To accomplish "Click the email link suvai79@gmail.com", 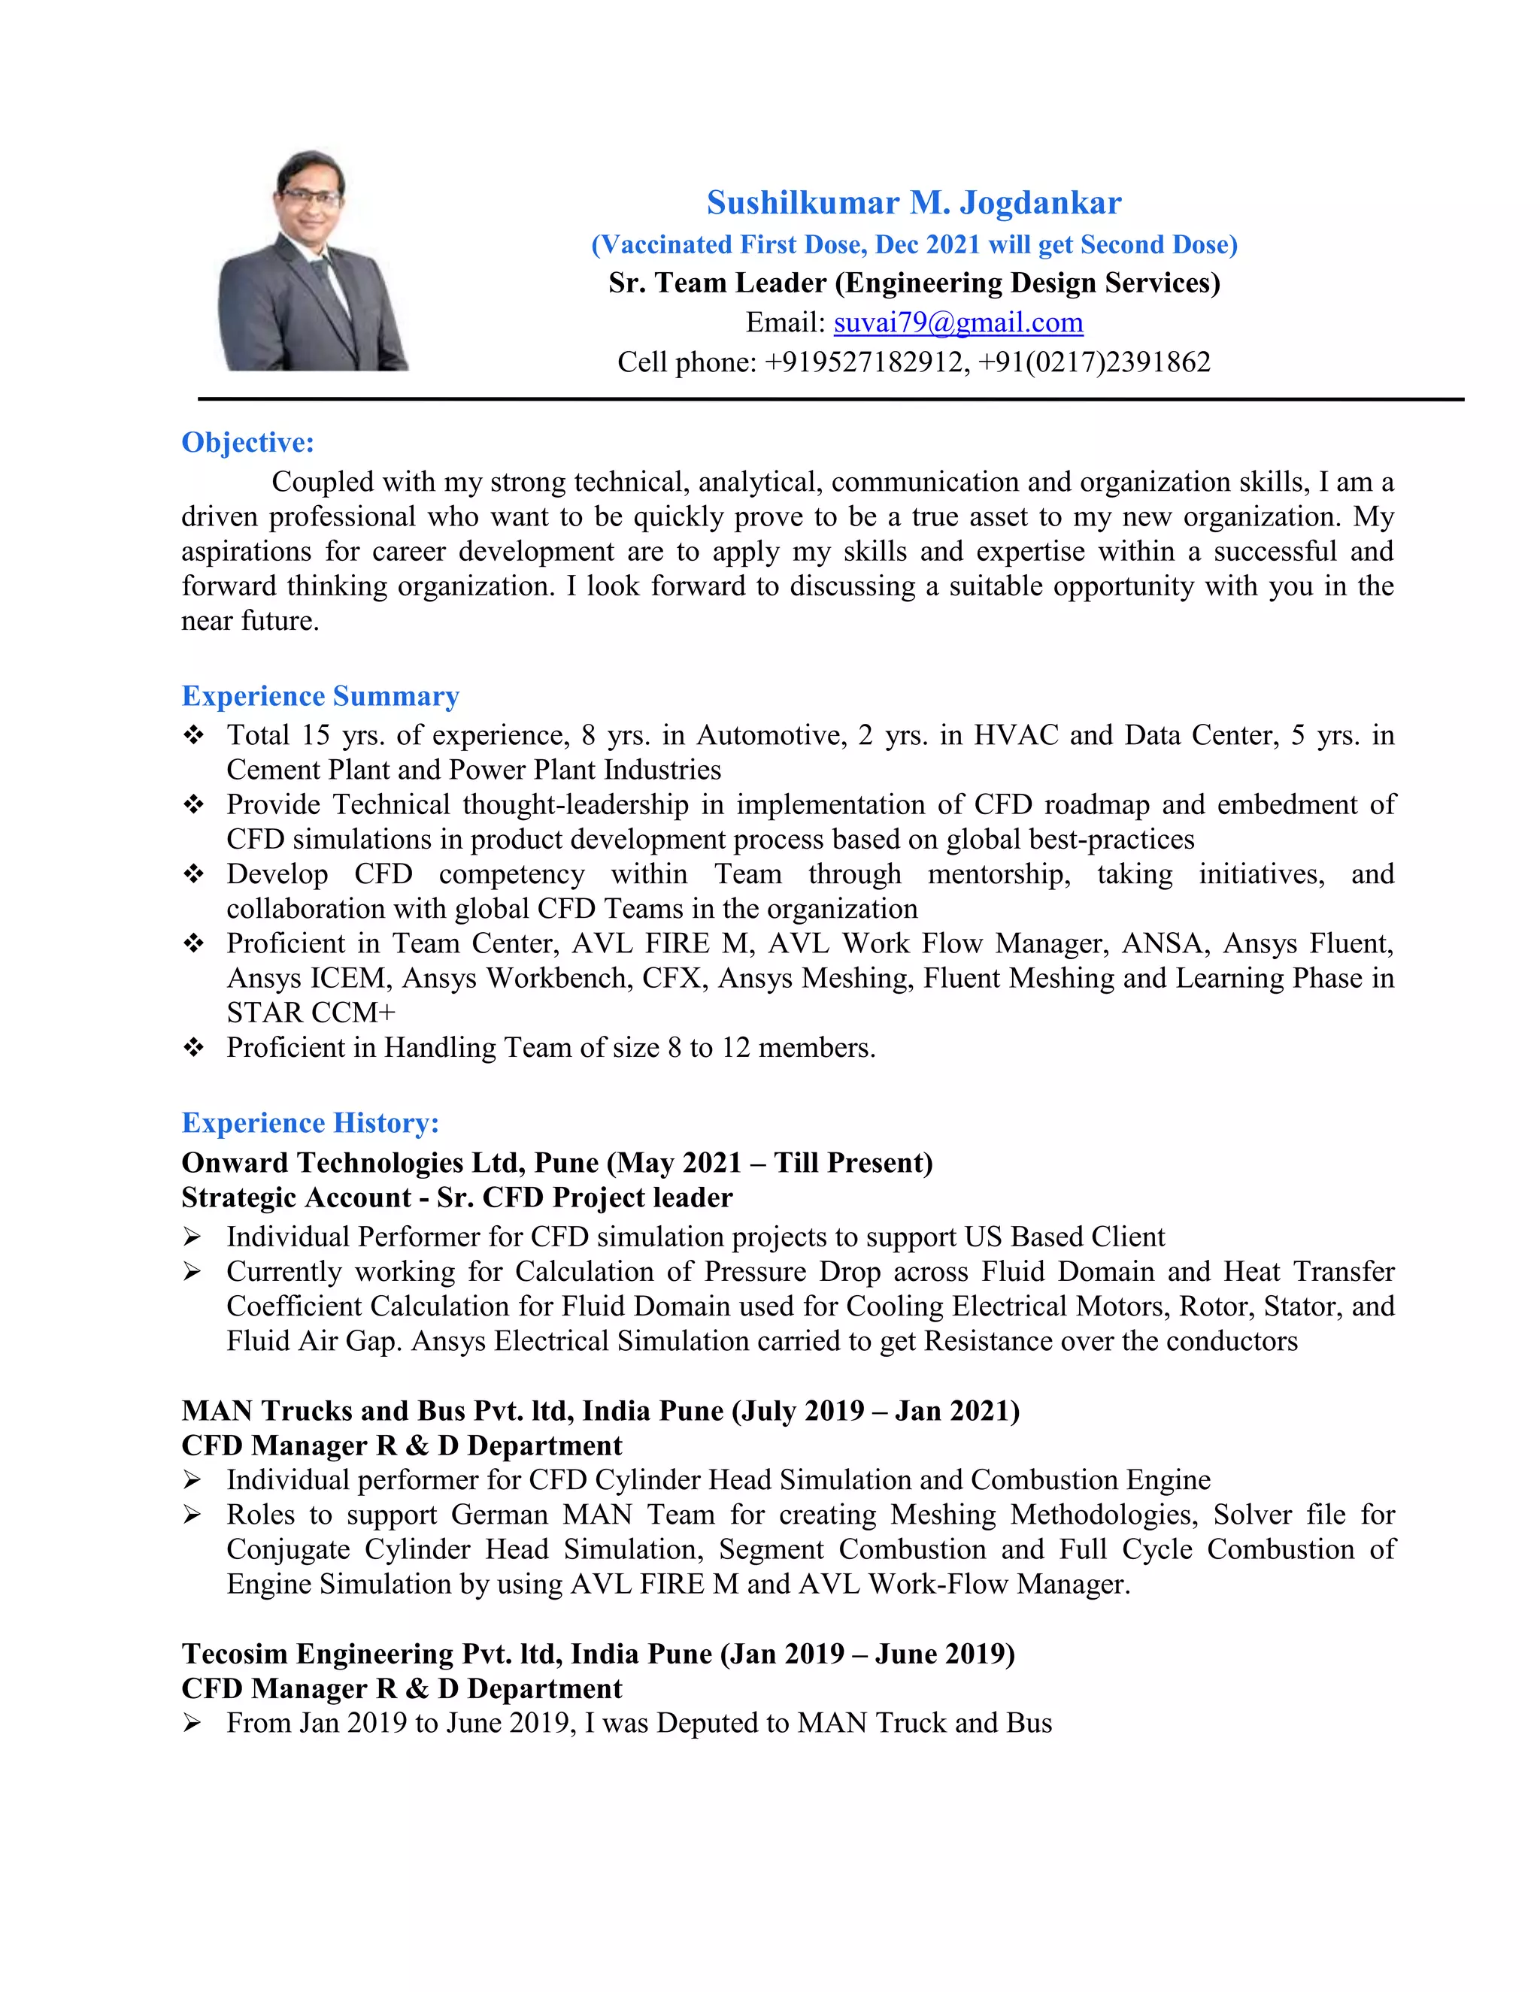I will pyautogui.click(x=958, y=323).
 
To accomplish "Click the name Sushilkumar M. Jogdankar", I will pyautogui.click(x=913, y=202).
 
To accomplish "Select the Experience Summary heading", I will pyautogui.click(x=320, y=696).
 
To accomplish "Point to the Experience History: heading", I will pyautogui.click(x=311, y=1123).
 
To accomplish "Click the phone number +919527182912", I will pyautogui.click(x=865, y=363).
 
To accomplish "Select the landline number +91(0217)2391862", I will pyautogui.click(x=1094, y=363).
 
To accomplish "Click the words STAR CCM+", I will pyautogui.click(x=311, y=1013).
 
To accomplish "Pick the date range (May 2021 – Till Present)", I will pyautogui.click(x=771, y=1163).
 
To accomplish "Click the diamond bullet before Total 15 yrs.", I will pyautogui.click(x=193, y=735).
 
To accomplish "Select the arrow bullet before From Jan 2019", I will pyautogui.click(x=192, y=1723).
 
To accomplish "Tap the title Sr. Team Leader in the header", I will pyautogui.click(x=717, y=283).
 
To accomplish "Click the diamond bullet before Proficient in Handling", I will pyautogui.click(x=193, y=1048).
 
